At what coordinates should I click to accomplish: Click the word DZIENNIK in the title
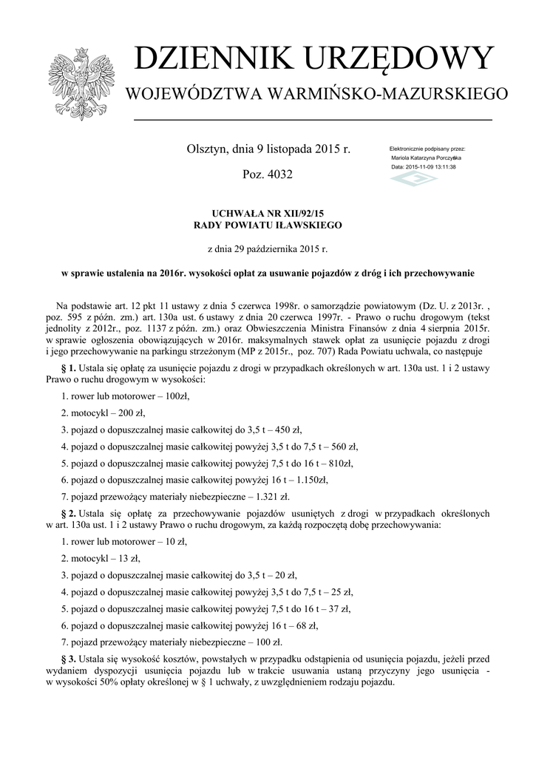[209, 60]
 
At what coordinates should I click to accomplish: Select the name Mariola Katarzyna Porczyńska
[426, 158]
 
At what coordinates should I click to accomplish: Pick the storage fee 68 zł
[304, 625]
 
